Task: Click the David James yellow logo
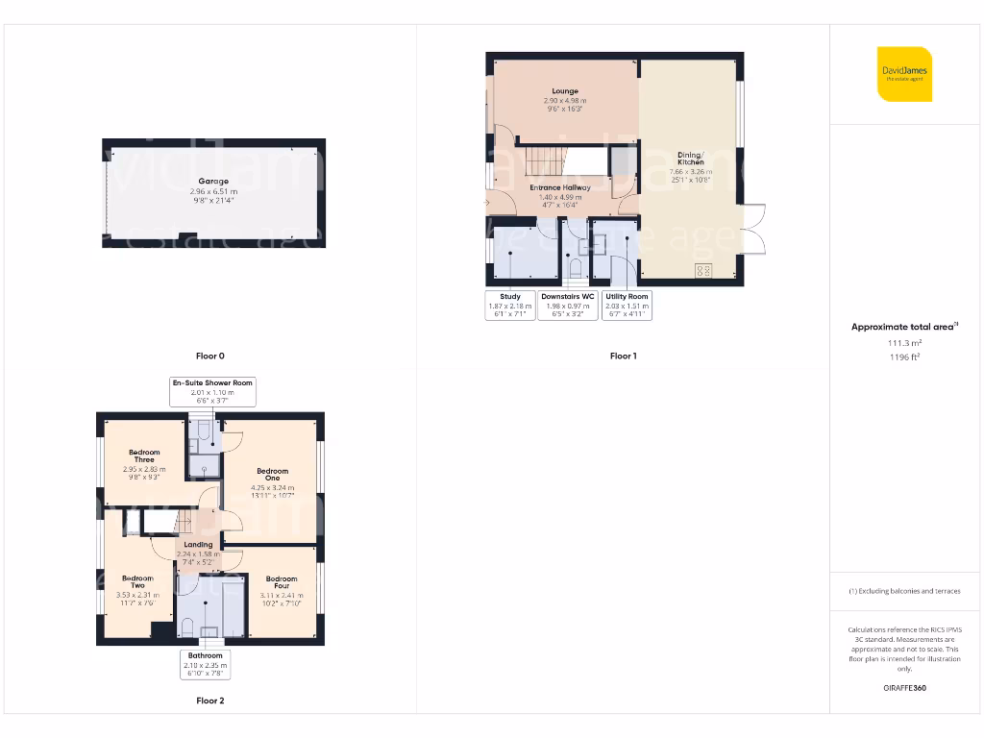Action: point(903,74)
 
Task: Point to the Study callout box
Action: point(510,306)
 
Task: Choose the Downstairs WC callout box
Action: point(567,306)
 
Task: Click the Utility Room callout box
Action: point(627,306)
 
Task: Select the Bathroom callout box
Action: point(206,664)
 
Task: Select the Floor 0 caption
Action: point(209,356)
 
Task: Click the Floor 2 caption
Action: point(209,701)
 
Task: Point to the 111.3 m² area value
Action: point(904,342)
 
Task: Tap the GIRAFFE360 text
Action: point(904,688)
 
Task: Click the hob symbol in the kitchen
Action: point(702,270)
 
